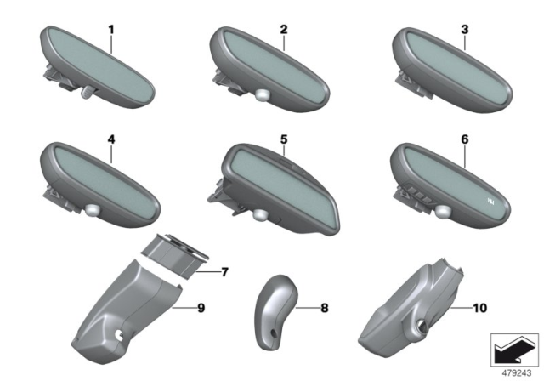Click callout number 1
click(x=111, y=30)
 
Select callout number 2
click(x=284, y=30)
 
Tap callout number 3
click(x=465, y=30)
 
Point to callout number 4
click(x=111, y=139)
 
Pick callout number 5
click(x=284, y=139)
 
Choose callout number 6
click(x=465, y=139)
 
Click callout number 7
click(x=224, y=272)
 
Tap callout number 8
click(x=325, y=308)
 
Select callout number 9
click(x=201, y=308)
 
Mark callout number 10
click(x=479, y=308)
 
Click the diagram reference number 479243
click(x=516, y=373)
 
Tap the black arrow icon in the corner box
click(x=513, y=351)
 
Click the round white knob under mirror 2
click(x=263, y=95)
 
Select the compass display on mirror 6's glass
click(x=491, y=201)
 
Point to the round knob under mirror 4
click(x=93, y=209)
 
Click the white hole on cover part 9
click(x=120, y=335)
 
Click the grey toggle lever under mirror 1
click(x=88, y=93)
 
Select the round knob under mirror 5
click(x=260, y=214)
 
